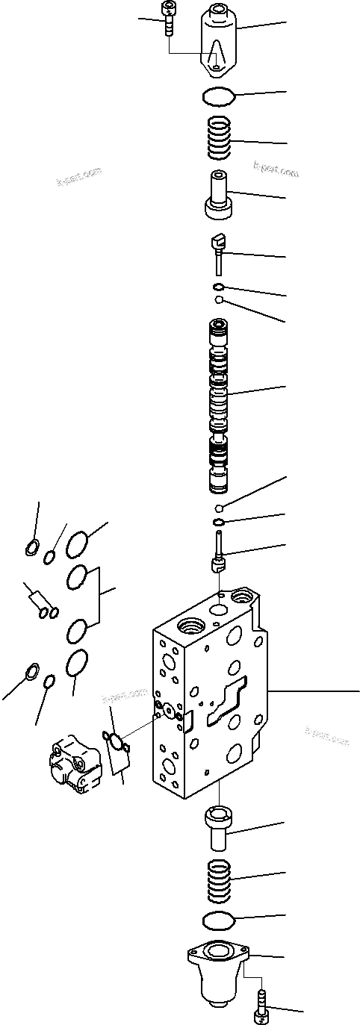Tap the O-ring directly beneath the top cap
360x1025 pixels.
point(217,96)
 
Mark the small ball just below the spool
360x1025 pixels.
point(217,508)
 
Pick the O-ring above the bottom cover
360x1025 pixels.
point(219,918)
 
